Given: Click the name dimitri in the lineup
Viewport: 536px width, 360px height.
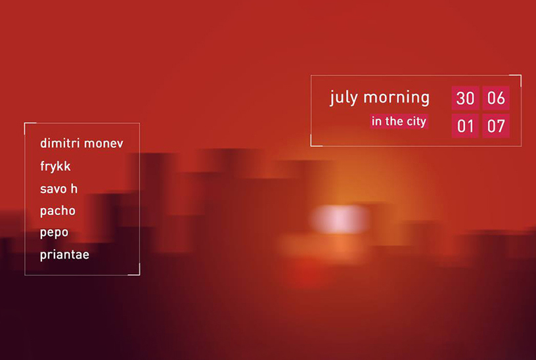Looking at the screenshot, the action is [x=60, y=143].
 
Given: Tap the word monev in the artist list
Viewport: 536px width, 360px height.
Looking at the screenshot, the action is [x=104, y=144].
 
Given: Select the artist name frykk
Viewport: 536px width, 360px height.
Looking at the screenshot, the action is [x=55, y=166].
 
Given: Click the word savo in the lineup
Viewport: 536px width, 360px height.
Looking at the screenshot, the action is [x=53, y=189].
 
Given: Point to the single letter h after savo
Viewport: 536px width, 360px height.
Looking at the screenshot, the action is [x=74, y=189].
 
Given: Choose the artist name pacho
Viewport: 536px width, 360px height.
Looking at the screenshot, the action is [x=57, y=211].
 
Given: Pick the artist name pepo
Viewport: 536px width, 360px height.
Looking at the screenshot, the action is [x=54, y=233].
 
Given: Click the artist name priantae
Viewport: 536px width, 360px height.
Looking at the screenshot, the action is [x=64, y=255].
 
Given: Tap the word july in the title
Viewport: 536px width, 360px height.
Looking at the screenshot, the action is [x=344, y=98].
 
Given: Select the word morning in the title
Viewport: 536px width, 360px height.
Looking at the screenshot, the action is [x=397, y=98].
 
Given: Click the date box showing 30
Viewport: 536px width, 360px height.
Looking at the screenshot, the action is [x=465, y=98].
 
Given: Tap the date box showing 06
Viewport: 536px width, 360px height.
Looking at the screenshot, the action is [x=496, y=98].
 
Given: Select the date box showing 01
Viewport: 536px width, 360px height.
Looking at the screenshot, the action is [x=465, y=126].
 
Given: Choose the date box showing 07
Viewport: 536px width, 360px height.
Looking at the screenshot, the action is [x=496, y=126].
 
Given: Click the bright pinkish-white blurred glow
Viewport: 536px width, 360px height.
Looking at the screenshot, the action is [x=340, y=219].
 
